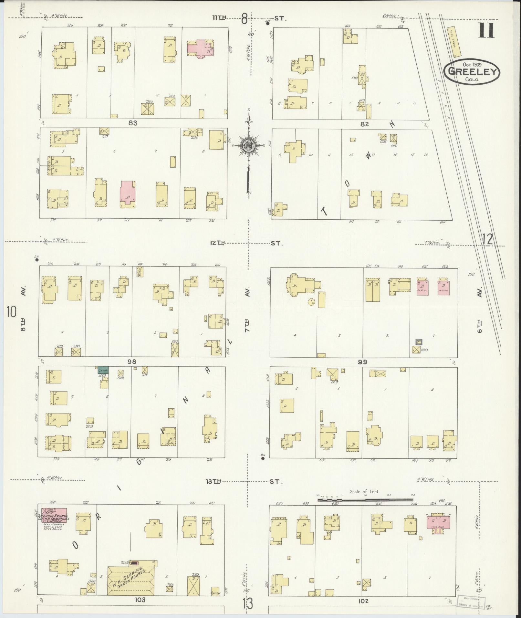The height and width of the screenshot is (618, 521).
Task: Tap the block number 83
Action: [x=133, y=123]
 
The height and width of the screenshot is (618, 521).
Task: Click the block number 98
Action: [x=132, y=361]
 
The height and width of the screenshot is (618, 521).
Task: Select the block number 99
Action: [x=362, y=362]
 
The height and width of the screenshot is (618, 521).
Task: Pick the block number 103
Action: [x=140, y=600]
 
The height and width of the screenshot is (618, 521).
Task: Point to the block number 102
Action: [x=363, y=601]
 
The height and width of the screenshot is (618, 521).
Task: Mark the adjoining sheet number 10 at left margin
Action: [x=11, y=312]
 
